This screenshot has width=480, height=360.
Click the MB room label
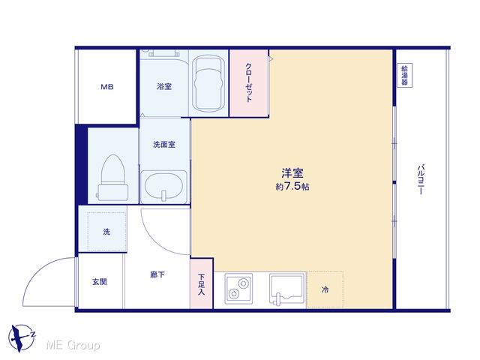point(107,87)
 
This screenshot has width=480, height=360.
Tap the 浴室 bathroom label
point(164,87)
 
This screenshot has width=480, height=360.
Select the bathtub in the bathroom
point(208,83)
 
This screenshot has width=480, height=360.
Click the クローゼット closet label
point(249,82)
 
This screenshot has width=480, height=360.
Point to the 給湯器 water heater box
point(405,75)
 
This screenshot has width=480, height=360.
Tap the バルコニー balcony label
point(421,180)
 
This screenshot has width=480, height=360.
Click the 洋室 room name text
point(292,173)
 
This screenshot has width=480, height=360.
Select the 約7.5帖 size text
point(292,187)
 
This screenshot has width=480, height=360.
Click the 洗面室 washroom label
point(164,144)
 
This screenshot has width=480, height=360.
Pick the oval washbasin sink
point(163,185)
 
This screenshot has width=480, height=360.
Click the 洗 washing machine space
point(106,232)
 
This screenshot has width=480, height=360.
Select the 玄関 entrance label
point(100,282)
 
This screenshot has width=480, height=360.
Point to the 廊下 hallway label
point(157,274)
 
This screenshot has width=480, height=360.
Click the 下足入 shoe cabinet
point(201,283)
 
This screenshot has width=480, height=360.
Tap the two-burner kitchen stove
point(238,289)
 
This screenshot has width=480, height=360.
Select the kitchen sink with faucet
point(287,289)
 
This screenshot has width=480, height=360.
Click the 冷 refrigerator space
point(325,289)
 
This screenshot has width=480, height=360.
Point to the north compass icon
point(22,338)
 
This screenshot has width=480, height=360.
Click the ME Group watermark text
point(73,346)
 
